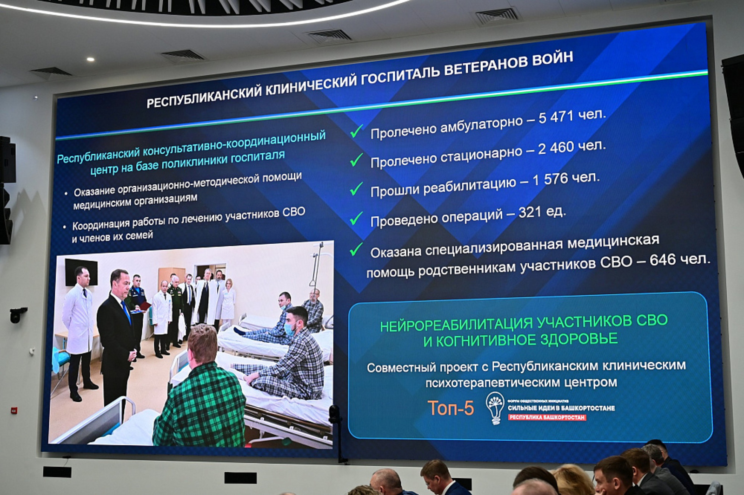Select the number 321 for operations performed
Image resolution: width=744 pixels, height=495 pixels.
(530, 213)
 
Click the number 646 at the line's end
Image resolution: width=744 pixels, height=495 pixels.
(662, 260)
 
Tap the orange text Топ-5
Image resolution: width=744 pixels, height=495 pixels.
(451, 408)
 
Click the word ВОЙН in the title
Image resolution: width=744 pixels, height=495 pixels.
(552, 59)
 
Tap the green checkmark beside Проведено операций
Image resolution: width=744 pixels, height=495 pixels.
(356, 218)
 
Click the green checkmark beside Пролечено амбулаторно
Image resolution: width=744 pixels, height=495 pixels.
(357, 131)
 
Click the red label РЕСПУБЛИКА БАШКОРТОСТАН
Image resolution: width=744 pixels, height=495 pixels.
(547, 417)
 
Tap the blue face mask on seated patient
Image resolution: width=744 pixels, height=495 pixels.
(290, 329)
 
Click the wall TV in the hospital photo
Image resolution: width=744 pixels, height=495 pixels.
(81, 272)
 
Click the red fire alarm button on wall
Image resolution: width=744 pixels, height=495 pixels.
(14, 410)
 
